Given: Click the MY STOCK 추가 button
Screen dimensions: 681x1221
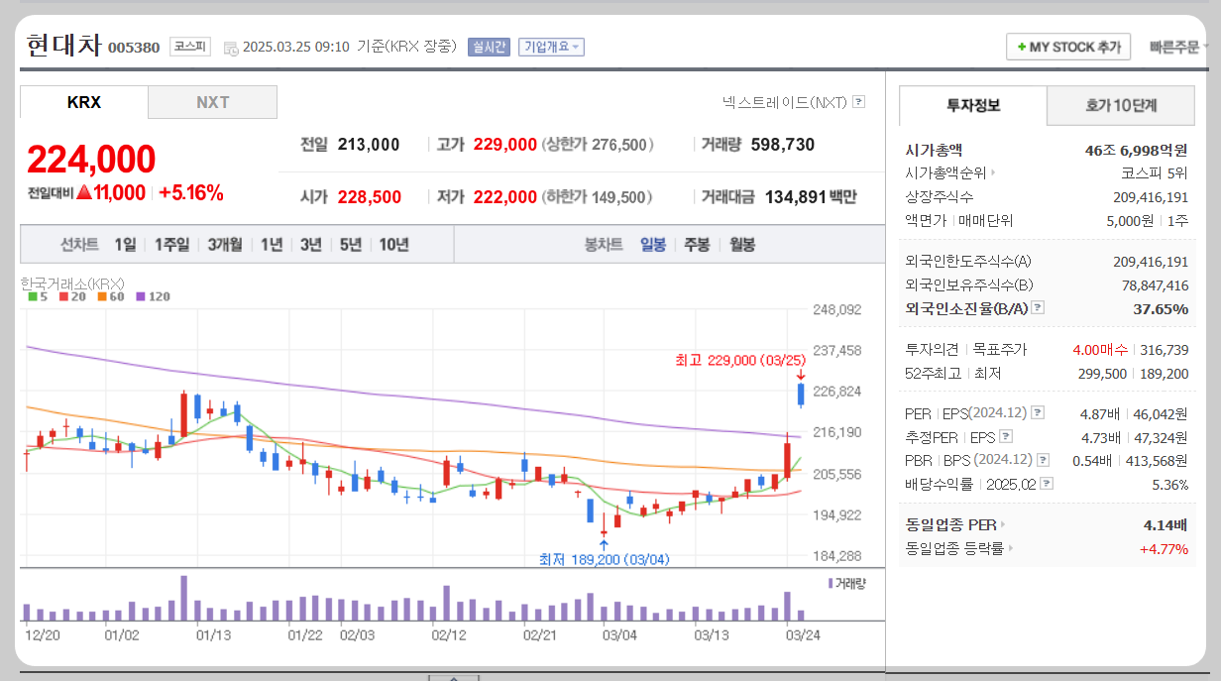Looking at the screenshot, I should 1068,47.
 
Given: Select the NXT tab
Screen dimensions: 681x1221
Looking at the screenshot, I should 212,102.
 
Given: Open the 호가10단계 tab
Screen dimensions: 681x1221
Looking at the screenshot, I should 1121,105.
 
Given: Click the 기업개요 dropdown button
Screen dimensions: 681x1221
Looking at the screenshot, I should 551,47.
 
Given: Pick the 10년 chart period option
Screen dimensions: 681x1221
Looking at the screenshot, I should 393,244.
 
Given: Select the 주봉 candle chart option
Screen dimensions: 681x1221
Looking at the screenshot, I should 697,244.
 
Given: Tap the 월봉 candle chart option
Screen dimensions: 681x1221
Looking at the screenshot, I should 742,244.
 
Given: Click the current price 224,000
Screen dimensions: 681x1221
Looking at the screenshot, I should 91,160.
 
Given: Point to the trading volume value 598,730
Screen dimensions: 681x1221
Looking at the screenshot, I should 783,145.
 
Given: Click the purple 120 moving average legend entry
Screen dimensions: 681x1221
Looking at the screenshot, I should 153,296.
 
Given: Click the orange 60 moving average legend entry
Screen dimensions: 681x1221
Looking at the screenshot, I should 111,296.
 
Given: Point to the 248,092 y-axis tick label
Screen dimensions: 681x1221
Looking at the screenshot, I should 836,309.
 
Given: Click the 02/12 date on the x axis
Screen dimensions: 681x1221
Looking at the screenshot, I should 449,634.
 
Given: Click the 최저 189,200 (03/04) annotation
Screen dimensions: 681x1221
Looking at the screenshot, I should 604,559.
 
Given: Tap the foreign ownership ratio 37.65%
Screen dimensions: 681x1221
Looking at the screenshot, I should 1160,309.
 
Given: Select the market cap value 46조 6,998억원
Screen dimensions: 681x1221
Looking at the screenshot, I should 1136,151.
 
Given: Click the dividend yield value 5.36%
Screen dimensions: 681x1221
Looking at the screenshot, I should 1169,485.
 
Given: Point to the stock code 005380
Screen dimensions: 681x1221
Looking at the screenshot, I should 133,48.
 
